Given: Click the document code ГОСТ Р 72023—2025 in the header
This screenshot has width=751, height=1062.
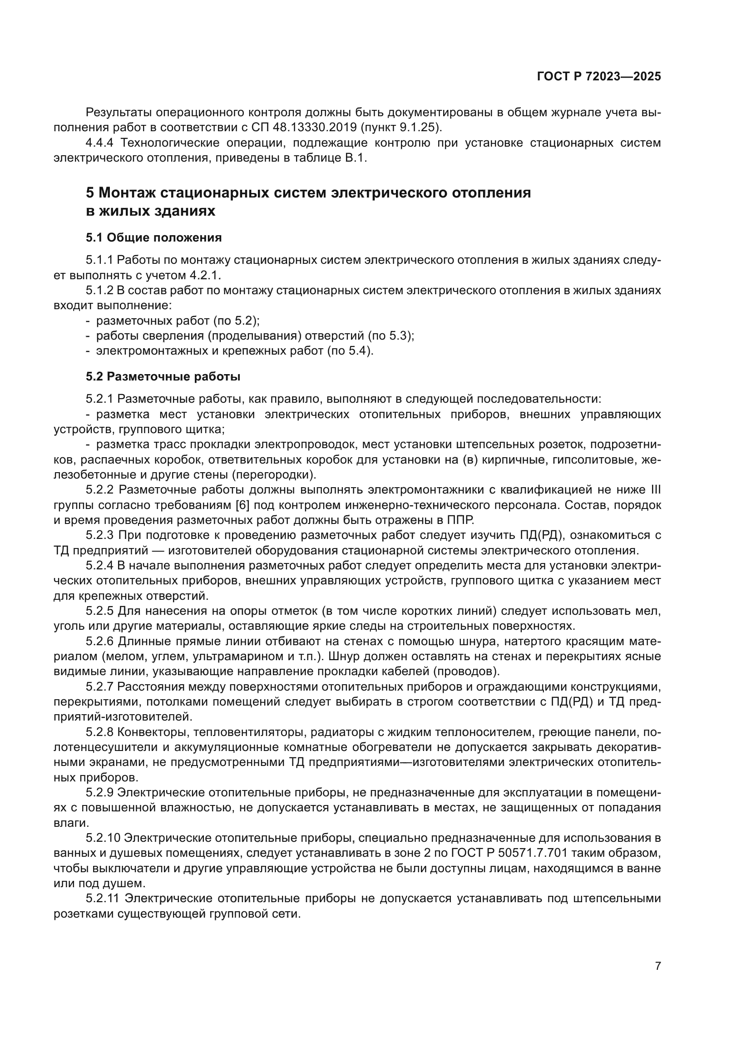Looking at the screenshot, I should coord(599,77).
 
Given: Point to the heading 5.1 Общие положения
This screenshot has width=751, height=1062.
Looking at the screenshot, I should coord(153,238).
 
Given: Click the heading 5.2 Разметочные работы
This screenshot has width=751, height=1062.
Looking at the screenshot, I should coord(163,376).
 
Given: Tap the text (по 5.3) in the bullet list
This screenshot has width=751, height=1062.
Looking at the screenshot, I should coord(391,336).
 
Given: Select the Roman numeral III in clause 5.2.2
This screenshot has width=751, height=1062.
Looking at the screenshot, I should coord(655,490).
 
